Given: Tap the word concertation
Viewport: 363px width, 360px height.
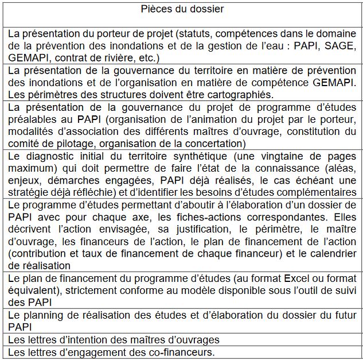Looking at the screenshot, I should (x=217, y=143).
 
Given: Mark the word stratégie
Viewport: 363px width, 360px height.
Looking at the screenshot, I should (x=32, y=192).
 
